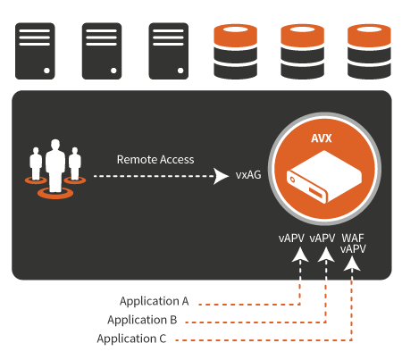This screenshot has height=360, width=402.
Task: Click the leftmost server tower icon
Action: pyautogui.click(x=35, y=51)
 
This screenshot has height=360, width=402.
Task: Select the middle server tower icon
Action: pyautogui.click(x=102, y=51)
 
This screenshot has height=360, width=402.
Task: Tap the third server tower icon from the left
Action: pyautogui.click(x=169, y=51)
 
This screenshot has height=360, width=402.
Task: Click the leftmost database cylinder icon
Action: pyautogui.click(x=236, y=52)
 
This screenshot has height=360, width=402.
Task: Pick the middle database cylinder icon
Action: pyautogui.click(x=302, y=52)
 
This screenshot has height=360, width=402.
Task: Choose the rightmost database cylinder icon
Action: pyautogui.click(x=369, y=52)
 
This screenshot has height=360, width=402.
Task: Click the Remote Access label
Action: pyautogui.click(x=155, y=160)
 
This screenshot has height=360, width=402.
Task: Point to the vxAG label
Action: pyautogui.click(x=248, y=175)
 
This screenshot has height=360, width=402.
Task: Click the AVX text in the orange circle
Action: pyautogui.click(x=322, y=138)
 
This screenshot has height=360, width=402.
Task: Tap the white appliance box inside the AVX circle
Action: pyautogui.click(x=324, y=177)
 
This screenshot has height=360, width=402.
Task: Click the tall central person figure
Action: pyautogui.click(x=55, y=165)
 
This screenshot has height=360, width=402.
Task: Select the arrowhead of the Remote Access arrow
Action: pyautogui.click(x=221, y=176)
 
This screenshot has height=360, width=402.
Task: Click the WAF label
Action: pyautogui.click(x=353, y=239)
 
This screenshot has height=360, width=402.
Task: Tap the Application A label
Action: pyautogui.click(x=155, y=301)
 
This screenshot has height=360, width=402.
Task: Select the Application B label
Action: pyautogui.click(x=142, y=320)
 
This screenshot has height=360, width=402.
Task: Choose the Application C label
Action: pyautogui.click(x=131, y=339)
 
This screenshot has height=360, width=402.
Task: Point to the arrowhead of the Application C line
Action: pyautogui.click(x=352, y=264)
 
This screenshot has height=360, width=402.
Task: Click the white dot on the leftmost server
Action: pyautogui.click(x=46, y=71)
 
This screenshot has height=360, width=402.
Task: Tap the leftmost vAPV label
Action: pyautogui.click(x=291, y=239)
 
